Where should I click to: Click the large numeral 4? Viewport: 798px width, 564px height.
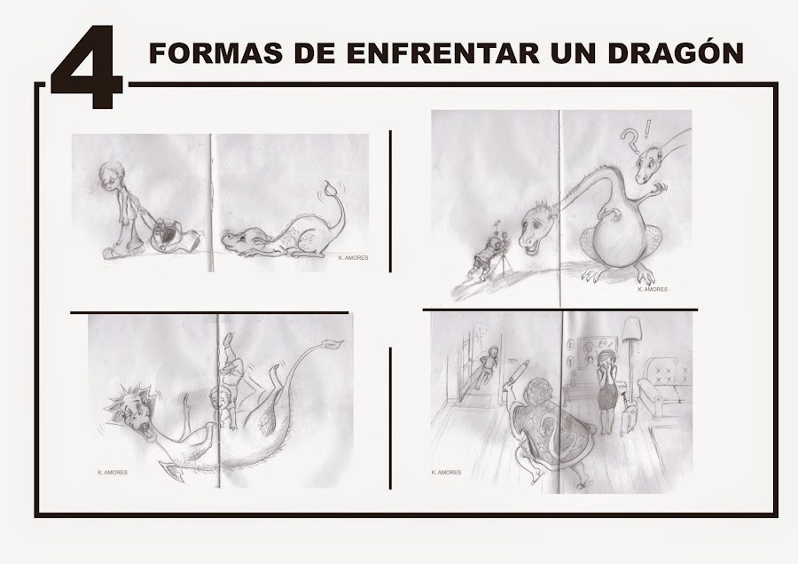point(88,68)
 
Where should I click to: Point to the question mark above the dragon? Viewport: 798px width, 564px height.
point(630,140)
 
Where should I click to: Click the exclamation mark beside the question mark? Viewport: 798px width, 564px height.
point(646,129)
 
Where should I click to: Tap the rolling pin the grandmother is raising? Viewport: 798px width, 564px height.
point(517,376)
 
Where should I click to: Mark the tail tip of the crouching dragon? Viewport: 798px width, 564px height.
point(332,187)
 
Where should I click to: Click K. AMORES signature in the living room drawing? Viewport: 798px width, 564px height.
point(446,473)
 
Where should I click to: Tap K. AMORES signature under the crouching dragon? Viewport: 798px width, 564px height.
point(353,258)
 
